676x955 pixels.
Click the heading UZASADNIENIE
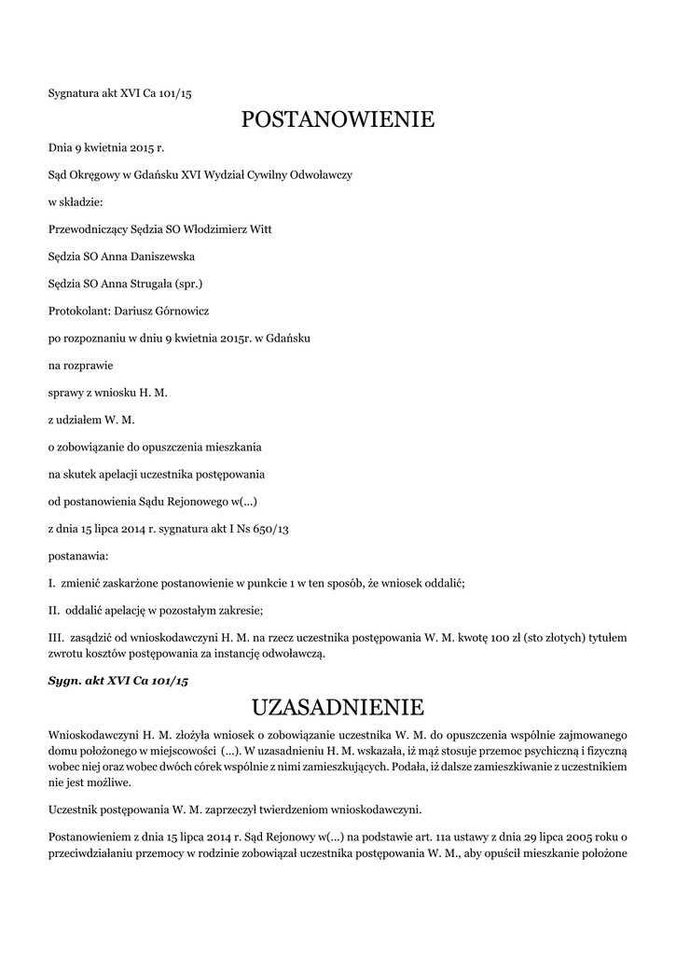tap(338, 705)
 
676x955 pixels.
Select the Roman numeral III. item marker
tap(55, 638)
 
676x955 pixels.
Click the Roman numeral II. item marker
tap(53, 611)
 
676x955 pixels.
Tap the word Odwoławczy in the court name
tap(321, 174)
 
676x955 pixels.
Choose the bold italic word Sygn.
tap(64, 681)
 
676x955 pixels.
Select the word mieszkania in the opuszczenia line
tap(233, 448)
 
